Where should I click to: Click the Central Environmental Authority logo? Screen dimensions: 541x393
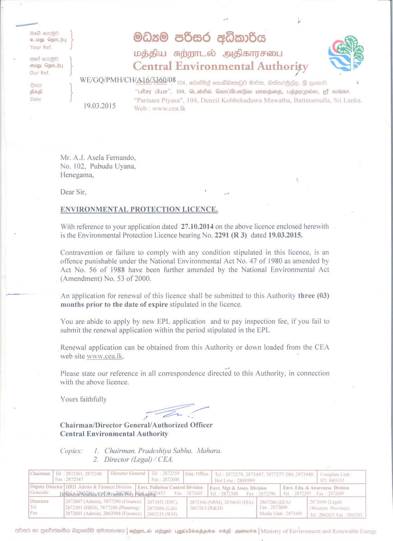346,53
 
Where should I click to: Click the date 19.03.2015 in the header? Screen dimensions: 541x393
99,106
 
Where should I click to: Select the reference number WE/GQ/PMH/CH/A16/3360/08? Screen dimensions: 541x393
128,80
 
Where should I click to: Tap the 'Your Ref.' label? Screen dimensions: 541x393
41,47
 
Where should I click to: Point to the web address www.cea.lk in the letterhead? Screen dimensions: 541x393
169,109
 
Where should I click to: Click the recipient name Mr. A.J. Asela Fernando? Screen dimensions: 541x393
98,158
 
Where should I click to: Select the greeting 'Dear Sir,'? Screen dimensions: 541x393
73,192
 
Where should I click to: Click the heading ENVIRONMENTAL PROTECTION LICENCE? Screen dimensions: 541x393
139,209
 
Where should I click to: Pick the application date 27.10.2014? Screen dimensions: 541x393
197,226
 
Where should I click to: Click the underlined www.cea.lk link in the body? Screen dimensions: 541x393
105,356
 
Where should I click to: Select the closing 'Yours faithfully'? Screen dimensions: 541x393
83,399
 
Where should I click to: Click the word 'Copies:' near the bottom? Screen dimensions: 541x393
71,451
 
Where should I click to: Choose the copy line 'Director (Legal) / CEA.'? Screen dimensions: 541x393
138,459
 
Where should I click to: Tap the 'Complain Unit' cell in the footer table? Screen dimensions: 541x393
336,475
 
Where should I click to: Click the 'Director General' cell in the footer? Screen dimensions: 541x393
128,473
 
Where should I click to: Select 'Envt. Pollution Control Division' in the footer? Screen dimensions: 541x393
170,488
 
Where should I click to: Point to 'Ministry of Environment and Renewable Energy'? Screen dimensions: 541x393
318,531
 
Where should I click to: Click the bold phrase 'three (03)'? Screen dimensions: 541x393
313,296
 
